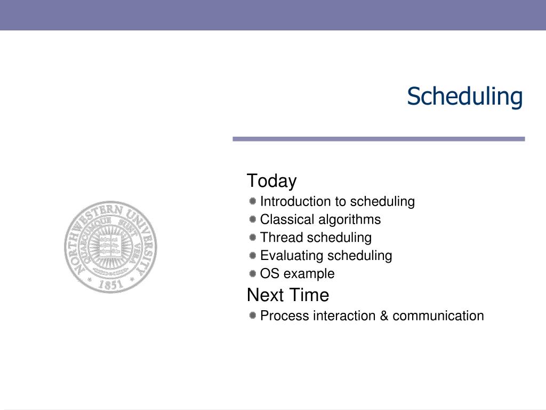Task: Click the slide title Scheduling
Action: click(465, 97)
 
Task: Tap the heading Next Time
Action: click(288, 295)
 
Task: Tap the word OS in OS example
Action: click(270, 274)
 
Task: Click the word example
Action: click(309, 274)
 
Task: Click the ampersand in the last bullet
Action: click(384, 316)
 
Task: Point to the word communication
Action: click(438, 316)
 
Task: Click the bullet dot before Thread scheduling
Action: click(253, 238)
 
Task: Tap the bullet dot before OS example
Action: click(253, 274)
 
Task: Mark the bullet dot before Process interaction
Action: click(253, 316)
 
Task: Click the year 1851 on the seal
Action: click(111, 284)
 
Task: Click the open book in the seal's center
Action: click(110, 246)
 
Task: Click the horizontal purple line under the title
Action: click(379, 139)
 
